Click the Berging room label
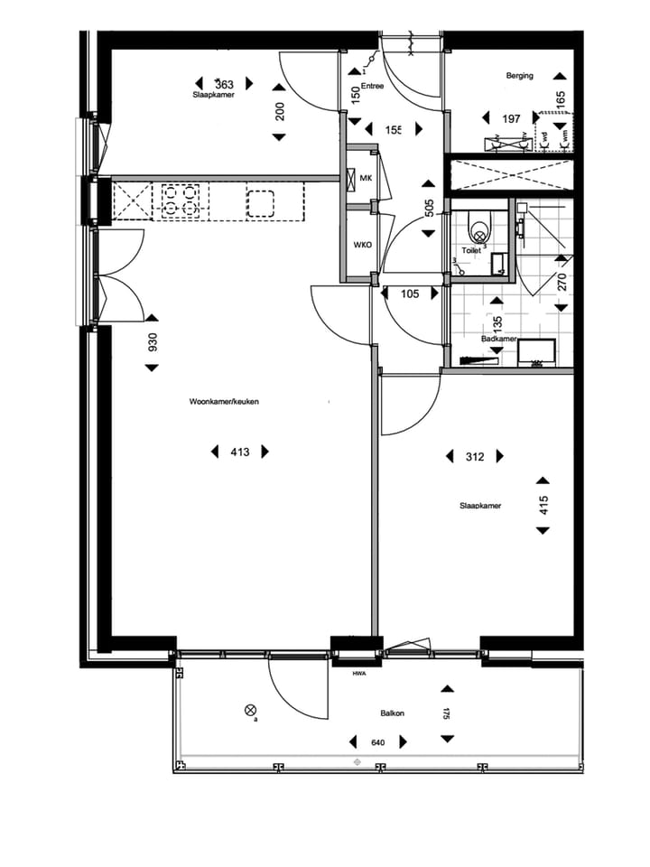(519, 76)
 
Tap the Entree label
(372, 87)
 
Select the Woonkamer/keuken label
(224, 402)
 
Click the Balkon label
(392, 713)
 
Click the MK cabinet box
(366, 178)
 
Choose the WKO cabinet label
(363, 245)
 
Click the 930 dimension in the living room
(153, 342)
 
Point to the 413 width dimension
(239, 452)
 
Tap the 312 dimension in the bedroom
(475, 457)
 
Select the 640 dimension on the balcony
(378, 743)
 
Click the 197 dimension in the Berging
(512, 119)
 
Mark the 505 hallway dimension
(429, 210)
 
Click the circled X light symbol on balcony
(250, 711)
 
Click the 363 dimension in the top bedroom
(213, 85)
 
